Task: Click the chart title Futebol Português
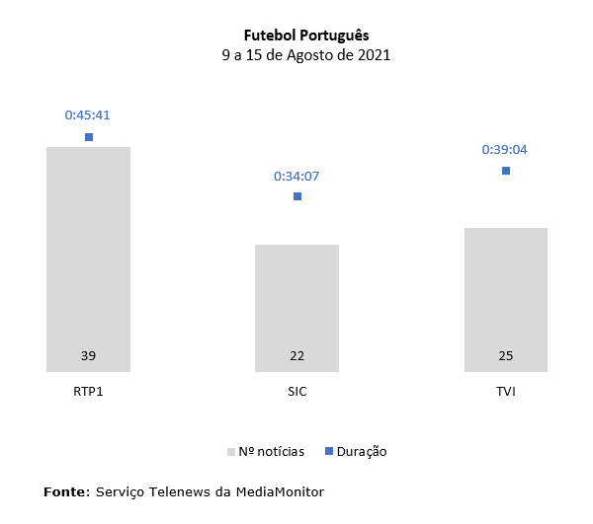point(305,36)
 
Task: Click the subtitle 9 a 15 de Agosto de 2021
point(305,55)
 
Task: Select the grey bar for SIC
point(296,296)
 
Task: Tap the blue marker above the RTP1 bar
point(89,137)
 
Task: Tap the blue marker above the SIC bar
point(297,196)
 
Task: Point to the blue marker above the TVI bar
point(506,171)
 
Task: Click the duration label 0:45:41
point(88,114)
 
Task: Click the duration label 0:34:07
point(296,177)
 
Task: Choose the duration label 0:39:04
point(505,149)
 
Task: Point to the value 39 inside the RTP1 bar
point(88,355)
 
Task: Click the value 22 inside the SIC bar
point(296,355)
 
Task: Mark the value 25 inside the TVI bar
point(506,355)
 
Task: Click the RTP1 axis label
point(88,392)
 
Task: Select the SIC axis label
point(296,392)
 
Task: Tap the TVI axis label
point(506,392)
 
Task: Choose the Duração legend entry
point(356,451)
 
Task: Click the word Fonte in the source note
point(65,490)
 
